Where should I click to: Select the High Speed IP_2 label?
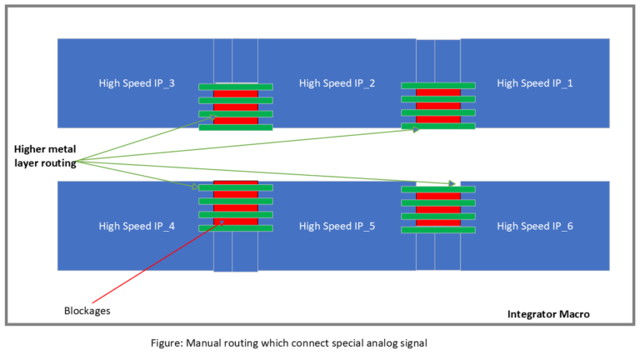click(x=337, y=82)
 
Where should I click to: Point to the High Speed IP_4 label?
click(x=136, y=226)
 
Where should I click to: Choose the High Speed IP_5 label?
click(x=337, y=226)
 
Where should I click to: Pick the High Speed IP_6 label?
click(x=534, y=226)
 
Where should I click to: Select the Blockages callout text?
click(x=87, y=311)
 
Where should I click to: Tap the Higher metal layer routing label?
click(x=45, y=156)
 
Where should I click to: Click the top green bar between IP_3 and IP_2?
click(x=235, y=86)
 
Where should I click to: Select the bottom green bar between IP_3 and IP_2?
click(x=235, y=127)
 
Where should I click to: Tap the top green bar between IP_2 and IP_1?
click(x=438, y=85)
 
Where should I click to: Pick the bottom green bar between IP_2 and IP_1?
click(x=438, y=127)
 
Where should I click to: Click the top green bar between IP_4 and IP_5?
click(x=235, y=187)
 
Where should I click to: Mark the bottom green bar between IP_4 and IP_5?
click(x=235, y=228)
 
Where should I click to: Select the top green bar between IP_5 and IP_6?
click(x=438, y=189)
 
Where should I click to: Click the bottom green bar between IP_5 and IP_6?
click(x=438, y=229)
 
